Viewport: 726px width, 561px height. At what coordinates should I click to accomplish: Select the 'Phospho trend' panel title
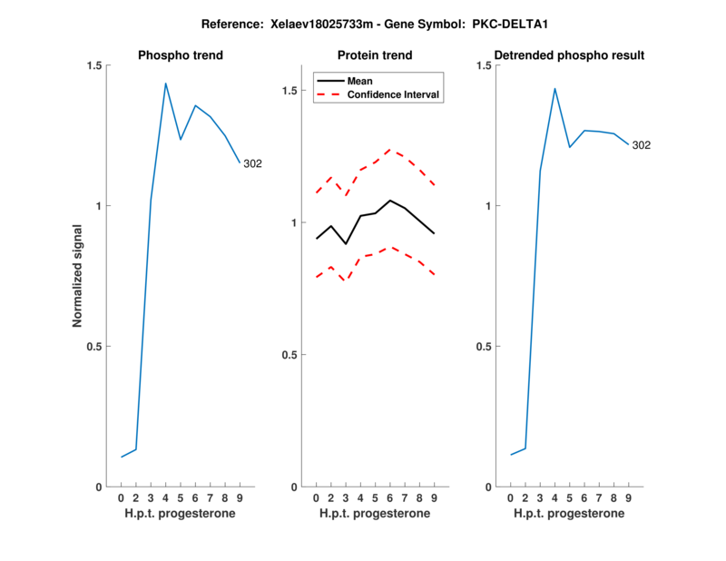coord(180,55)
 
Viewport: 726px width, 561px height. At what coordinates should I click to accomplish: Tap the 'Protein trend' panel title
coord(375,55)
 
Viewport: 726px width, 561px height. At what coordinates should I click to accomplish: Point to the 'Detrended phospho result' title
coord(569,55)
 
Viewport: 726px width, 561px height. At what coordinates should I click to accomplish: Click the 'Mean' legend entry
coord(360,81)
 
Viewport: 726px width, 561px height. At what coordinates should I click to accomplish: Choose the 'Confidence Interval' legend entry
coord(394,94)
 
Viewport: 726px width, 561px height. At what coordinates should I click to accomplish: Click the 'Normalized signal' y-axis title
coord(77,276)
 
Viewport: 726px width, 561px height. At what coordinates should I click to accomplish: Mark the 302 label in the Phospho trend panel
coord(253,163)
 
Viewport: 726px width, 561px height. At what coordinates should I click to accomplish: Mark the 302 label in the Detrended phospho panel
coord(642,145)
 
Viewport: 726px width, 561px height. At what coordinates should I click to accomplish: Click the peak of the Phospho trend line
coord(165,83)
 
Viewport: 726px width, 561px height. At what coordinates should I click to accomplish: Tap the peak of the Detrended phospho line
coord(554,88)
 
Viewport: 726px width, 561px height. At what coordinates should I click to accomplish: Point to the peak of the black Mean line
coord(390,200)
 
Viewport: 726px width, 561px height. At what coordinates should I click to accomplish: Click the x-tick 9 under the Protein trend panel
coord(435,498)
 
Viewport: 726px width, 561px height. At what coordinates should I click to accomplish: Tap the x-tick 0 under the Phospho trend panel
coord(121,498)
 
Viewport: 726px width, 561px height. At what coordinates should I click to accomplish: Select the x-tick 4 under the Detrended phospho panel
coord(554,498)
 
